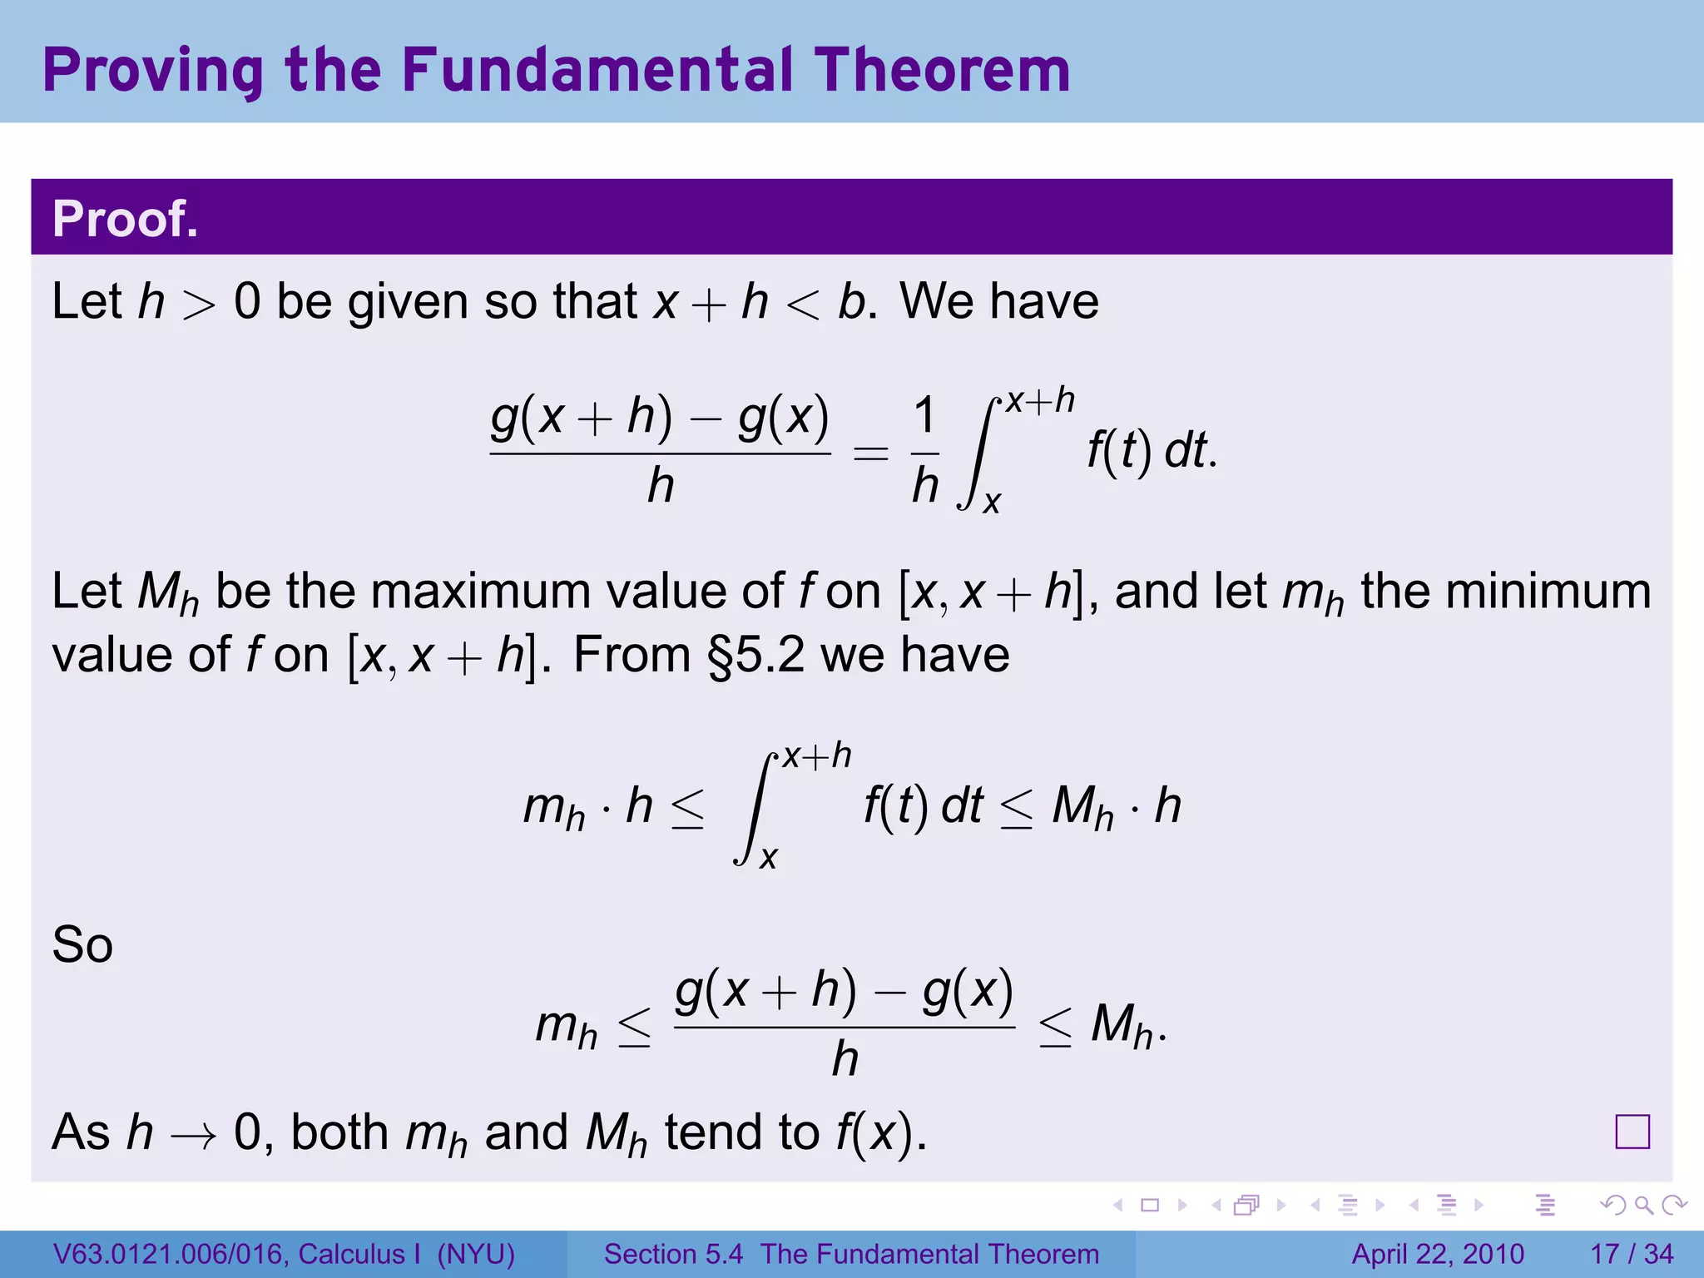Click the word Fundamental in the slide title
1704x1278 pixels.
(599, 70)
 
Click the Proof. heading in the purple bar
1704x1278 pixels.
(125, 219)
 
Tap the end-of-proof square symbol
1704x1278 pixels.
(1632, 1132)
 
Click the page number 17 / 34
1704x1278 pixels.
(1632, 1254)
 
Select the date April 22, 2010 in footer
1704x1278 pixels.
(1438, 1254)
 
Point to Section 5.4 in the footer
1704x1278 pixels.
(673, 1254)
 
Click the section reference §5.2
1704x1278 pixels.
(755, 655)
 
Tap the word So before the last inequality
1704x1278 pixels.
(82, 945)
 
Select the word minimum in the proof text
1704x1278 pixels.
(1548, 592)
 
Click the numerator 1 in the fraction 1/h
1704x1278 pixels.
(924, 416)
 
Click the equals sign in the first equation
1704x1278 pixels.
(871, 453)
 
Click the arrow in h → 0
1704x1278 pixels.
(193, 1135)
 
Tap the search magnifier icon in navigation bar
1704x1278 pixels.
(1643, 1205)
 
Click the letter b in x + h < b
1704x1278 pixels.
(852, 301)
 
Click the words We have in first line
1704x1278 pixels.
(998, 301)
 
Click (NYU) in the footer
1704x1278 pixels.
(477, 1254)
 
